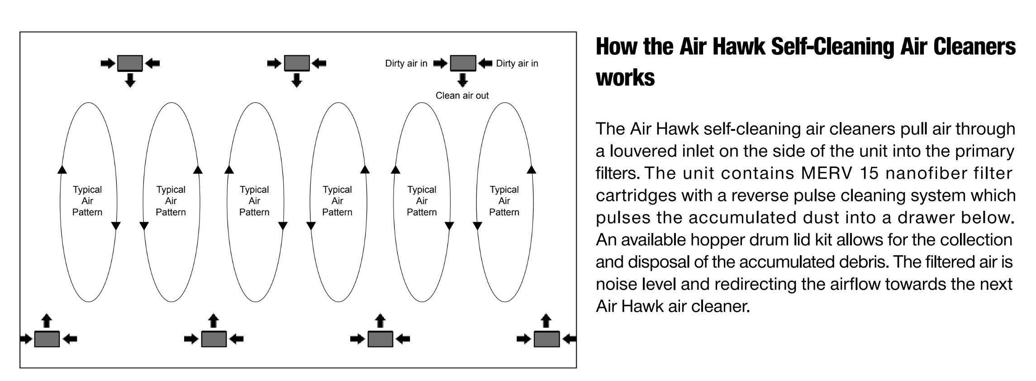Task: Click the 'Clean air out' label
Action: tap(462, 95)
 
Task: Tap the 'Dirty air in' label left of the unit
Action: tap(406, 63)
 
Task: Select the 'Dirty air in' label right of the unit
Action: tap(517, 63)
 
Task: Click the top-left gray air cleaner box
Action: tap(130, 63)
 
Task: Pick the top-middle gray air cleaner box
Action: tap(297, 63)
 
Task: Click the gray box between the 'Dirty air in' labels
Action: tap(463, 63)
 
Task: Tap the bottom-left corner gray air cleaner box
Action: tap(47, 339)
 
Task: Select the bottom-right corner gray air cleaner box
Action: tap(547, 339)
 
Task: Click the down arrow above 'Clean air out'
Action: tap(462, 80)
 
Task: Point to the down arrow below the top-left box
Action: tap(130, 80)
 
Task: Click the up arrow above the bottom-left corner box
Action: tap(47, 321)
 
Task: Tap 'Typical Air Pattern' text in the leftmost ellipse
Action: tap(87, 201)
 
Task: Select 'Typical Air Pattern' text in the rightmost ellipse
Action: tap(504, 201)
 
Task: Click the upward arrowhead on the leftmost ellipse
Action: tap(62, 170)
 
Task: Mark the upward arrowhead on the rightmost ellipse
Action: tap(532, 170)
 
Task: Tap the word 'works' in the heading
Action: tap(625, 78)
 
